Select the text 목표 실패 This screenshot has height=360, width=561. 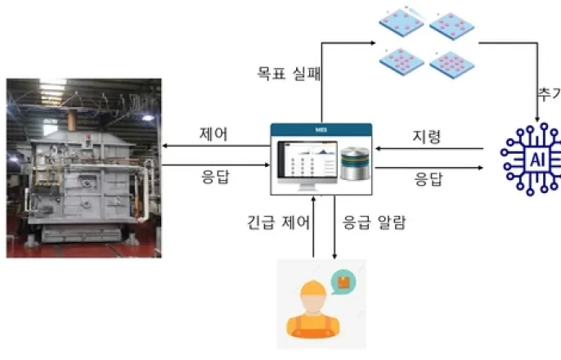[x=285, y=74]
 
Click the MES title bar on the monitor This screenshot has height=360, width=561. [x=321, y=129]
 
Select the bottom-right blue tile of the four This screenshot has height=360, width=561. [x=448, y=62]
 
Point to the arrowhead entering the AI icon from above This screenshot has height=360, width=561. [x=536, y=124]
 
